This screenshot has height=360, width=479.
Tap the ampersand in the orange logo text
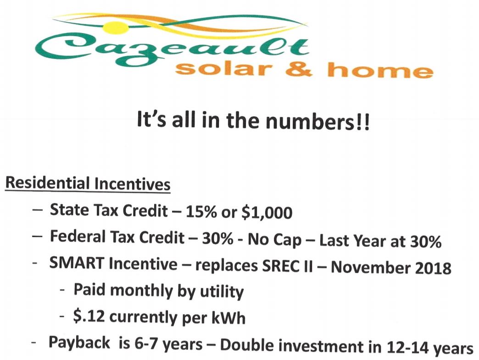tap(299, 70)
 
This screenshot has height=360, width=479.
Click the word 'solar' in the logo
tap(223, 69)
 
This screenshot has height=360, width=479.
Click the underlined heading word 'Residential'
tap(47, 183)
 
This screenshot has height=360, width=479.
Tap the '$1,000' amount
tap(267, 212)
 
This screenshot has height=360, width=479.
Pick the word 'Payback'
tap(79, 342)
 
